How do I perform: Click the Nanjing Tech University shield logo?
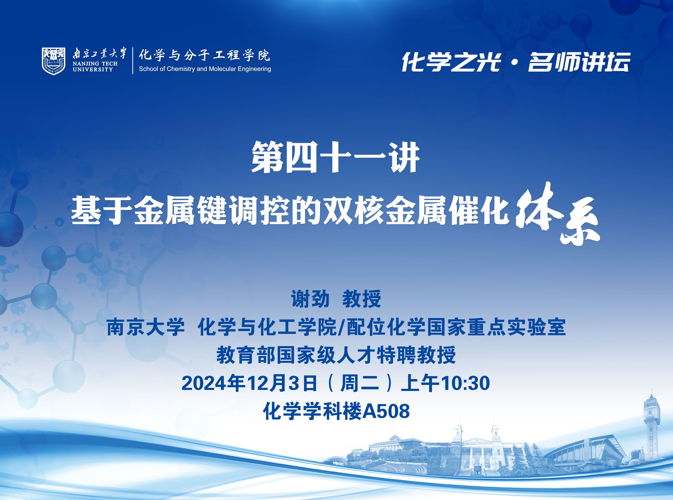click(54, 61)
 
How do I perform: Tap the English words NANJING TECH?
click(95, 64)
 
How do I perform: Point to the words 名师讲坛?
click(579, 62)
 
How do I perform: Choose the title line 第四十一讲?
click(336, 157)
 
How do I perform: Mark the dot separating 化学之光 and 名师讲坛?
click(515, 63)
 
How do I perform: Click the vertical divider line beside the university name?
click(133, 61)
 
